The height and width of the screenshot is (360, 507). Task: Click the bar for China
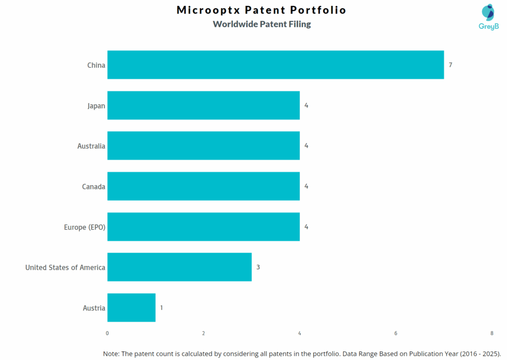pos(275,65)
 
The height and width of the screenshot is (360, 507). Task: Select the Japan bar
pos(203,105)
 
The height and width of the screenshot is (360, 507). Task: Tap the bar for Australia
pos(203,146)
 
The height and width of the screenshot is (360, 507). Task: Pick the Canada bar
pos(203,187)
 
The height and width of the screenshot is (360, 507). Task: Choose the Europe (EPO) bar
pos(203,227)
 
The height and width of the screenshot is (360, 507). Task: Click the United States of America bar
pos(179,267)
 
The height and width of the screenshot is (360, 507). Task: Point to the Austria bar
pos(131,308)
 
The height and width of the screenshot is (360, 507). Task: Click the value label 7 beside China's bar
pos(451,65)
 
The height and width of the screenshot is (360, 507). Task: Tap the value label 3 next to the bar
pos(258,267)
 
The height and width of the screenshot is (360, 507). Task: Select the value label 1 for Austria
pos(161,308)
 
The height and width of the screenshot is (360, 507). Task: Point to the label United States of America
pos(65,267)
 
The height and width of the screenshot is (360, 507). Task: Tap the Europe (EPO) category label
pos(85,227)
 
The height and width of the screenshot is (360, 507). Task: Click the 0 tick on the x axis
pos(107,333)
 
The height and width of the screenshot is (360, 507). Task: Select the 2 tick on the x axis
pos(203,333)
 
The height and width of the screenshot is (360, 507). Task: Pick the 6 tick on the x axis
pos(396,333)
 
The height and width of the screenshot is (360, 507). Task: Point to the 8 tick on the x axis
pos(492,333)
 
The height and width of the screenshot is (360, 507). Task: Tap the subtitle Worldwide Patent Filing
pos(261,24)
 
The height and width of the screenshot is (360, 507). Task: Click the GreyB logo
pos(488,17)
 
